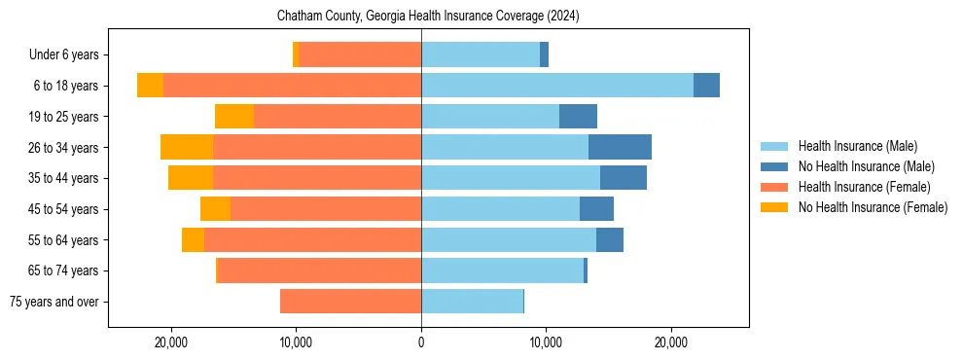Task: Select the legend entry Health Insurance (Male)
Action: click(x=857, y=146)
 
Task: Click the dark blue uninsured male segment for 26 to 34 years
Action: click(x=620, y=147)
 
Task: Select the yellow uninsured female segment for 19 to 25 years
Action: click(x=234, y=117)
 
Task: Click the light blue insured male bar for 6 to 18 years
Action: click(x=556, y=86)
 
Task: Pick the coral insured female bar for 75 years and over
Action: click(x=350, y=302)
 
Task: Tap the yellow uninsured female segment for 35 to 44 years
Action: click(x=191, y=178)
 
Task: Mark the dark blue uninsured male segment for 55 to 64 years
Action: click(x=610, y=239)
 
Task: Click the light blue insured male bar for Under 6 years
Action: click(x=481, y=55)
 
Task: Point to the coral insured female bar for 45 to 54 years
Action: click(x=326, y=209)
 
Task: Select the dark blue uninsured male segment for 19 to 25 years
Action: click(x=578, y=117)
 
